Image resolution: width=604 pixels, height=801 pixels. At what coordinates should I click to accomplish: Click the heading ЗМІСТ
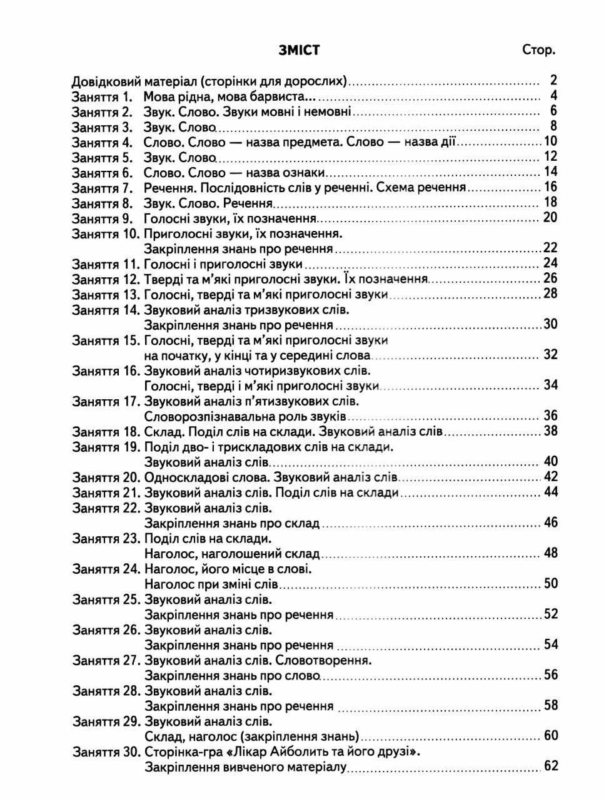299,51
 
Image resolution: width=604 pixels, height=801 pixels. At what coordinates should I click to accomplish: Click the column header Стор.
538,51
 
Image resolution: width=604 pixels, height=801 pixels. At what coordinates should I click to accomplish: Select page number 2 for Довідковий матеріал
553,80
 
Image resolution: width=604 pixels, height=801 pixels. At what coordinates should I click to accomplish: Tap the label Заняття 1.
103,97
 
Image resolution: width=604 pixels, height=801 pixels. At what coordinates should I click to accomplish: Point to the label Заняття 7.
103,188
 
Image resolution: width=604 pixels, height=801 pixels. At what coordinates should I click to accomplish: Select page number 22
550,248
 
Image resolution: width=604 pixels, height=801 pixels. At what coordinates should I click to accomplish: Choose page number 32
550,355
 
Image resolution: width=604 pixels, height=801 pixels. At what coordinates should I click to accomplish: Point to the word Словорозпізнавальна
203,416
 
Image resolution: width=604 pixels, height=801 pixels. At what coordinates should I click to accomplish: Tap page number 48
550,553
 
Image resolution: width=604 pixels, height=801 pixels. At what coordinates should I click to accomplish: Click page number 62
550,766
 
